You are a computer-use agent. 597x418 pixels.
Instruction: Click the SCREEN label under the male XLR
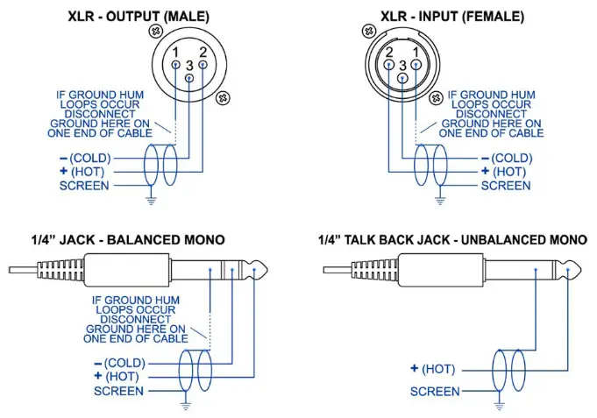(x=84, y=186)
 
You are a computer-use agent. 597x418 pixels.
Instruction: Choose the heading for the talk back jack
(x=452, y=239)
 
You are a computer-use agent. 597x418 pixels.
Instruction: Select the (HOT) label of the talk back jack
(x=436, y=369)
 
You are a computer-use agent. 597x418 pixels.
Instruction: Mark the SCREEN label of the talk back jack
(x=435, y=391)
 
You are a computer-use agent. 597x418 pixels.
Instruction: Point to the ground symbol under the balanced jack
(x=187, y=405)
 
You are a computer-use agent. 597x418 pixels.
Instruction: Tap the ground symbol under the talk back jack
(x=501, y=405)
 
